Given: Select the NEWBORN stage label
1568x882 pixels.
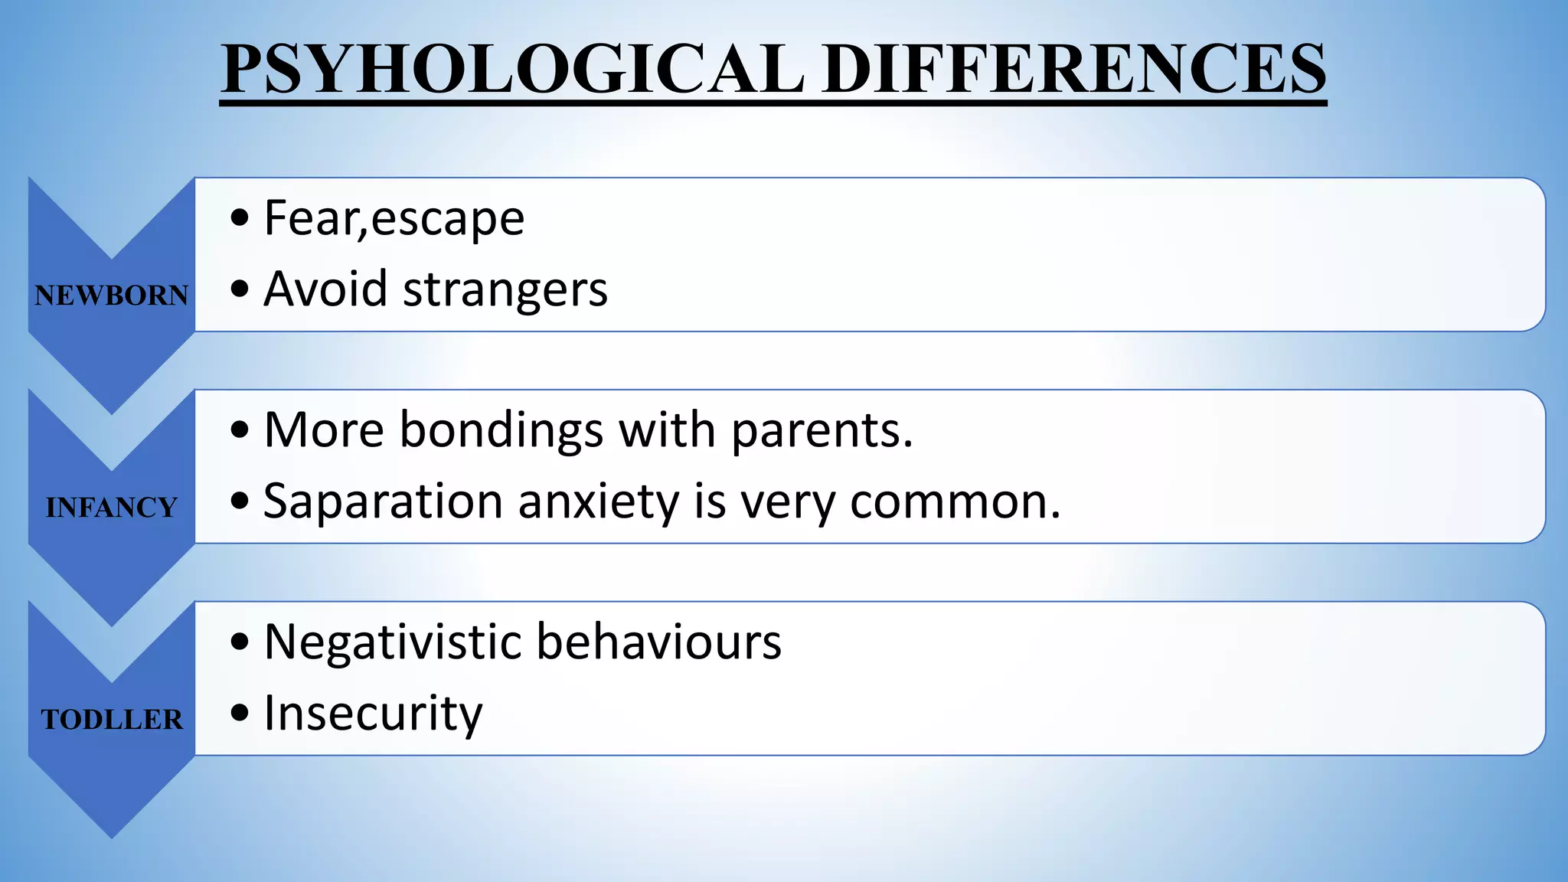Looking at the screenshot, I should click(112, 296).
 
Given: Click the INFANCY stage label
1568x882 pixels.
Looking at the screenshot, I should click(112, 508).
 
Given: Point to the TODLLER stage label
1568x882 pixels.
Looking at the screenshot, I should click(112, 720).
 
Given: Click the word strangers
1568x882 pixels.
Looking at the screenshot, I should click(505, 289).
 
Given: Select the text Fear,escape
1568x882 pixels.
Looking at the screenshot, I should click(394, 218).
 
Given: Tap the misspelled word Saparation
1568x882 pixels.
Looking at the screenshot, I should click(383, 501).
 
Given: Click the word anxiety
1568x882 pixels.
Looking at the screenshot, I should click(599, 501).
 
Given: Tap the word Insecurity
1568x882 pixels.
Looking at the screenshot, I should click(373, 714).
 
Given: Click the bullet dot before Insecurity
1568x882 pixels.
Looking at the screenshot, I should click(240, 714).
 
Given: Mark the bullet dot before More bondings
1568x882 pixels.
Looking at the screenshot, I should click(240, 430).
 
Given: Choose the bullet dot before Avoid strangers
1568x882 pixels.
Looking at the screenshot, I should click(240, 289).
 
